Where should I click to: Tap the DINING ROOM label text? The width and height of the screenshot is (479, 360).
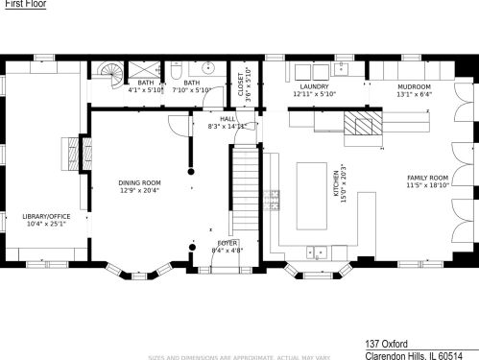(x=139, y=182)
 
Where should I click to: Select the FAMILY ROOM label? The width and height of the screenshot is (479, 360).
(x=427, y=178)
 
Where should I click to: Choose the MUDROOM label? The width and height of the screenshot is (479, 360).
(x=415, y=86)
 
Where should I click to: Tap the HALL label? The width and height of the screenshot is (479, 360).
(x=228, y=118)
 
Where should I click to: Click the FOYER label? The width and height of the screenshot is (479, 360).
(x=228, y=243)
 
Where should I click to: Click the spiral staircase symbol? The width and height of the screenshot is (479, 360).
(x=108, y=73)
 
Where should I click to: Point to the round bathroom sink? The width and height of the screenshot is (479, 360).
(x=206, y=69)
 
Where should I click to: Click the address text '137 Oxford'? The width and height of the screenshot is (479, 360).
(x=386, y=343)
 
